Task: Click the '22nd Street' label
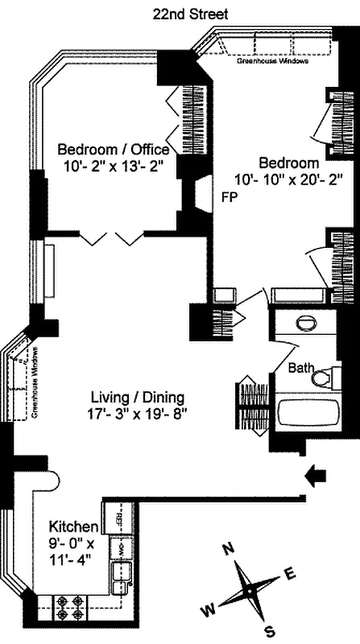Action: click(x=191, y=14)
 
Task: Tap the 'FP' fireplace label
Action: click(x=230, y=196)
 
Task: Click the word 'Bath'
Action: click(x=302, y=368)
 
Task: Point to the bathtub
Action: click(x=311, y=415)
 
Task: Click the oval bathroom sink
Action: click(x=307, y=324)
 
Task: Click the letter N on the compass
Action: click(x=228, y=549)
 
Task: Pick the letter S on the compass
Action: click(x=271, y=630)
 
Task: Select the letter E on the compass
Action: click(x=292, y=574)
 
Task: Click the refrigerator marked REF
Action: click(x=118, y=515)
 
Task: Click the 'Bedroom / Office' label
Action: click(x=113, y=150)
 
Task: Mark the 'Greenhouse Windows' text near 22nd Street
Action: click(x=266, y=60)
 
